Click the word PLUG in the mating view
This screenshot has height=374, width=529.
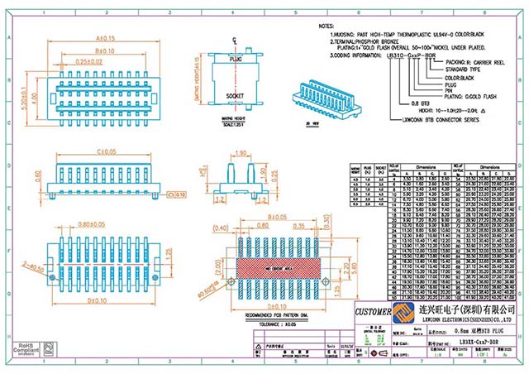(x=236, y=60)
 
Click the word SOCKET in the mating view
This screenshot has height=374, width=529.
(x=236, y=96)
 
